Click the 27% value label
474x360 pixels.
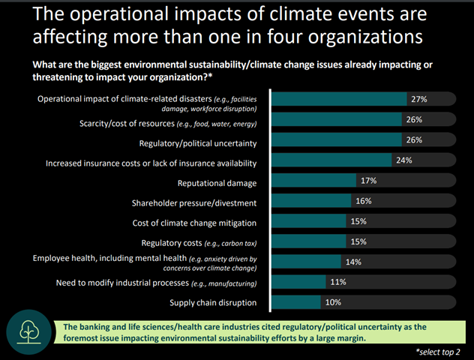[x=418, y=98]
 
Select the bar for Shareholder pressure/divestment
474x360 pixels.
[x=310, y=201]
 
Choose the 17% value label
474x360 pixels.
[x=367, y=180]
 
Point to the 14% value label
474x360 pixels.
[x=353, y=262]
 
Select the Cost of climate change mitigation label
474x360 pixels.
[x=193, y=223]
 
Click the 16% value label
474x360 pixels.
[x=364, y=201]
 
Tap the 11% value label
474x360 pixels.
[x=338, y=282]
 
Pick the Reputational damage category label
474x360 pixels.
[x=217, y=182]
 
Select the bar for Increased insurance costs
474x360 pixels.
[x=331, y=160]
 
